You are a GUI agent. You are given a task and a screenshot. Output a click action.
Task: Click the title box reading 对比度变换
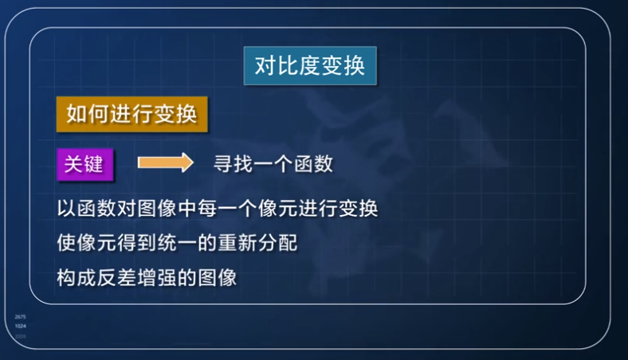[310, 65]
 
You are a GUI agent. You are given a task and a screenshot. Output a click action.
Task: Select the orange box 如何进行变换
[131, 114]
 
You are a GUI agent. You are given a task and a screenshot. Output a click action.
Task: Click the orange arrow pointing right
[166, 163]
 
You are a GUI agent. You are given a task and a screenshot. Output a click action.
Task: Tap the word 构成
[77, 278]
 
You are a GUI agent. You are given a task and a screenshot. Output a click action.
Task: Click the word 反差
[117, 278]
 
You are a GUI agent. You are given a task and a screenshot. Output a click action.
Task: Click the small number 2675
[21, 317]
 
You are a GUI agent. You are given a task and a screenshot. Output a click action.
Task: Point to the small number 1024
[21, 327]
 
